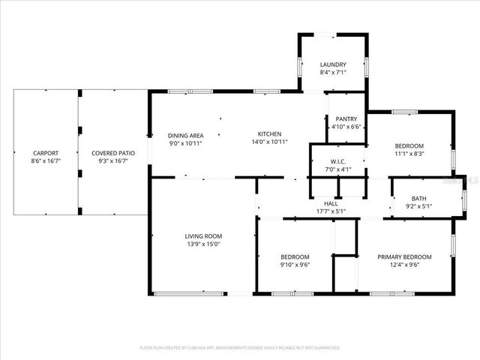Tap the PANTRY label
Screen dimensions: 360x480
pos(346,118)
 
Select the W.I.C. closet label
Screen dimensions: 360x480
pos(337,161)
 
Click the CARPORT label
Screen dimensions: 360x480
pos(45,153)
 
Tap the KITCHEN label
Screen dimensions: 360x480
pos(269,134)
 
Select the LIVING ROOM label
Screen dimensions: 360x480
pos(203,235)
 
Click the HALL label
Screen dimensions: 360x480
pos(331,203)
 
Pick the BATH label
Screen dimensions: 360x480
pos(418,198)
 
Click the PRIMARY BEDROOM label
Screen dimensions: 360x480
pos(404,256)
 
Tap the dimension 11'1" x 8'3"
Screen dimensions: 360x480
pos(409,153)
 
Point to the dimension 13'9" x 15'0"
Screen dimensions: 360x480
pos(203,244)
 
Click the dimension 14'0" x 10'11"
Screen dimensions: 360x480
pos(269,142)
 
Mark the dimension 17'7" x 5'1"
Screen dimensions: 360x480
pos(331,211)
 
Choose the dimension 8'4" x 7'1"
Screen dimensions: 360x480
pos(332,73)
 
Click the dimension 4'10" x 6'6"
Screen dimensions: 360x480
pos(346,127)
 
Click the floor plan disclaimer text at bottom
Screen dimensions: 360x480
pos(240,348)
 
